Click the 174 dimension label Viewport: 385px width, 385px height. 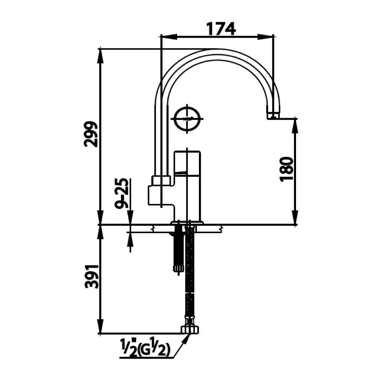click(221, 28)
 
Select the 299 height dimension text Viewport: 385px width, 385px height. click(91, 134)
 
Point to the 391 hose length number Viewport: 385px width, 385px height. click(91, 276)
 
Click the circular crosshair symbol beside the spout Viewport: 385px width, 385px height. click(187, 118)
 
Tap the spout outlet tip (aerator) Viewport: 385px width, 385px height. click(272, 115)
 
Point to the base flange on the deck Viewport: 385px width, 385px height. click(188, 222)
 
